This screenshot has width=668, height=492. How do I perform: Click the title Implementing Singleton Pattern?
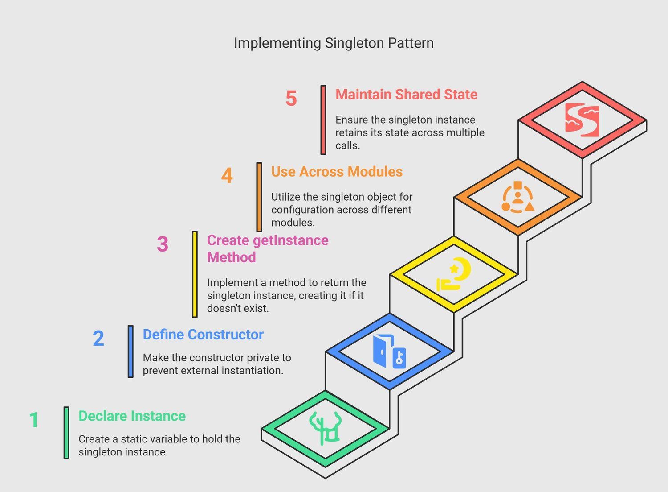point(334,43)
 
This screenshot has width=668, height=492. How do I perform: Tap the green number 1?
point(34,419)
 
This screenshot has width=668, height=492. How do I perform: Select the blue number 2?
point(98,338)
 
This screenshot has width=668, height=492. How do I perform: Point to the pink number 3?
point(163,244)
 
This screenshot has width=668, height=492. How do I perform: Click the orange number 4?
point(227,175)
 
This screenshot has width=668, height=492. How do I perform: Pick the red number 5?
point(291,98)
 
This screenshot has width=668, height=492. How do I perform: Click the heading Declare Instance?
point(132,416)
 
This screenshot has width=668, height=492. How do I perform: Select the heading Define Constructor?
point(203,335)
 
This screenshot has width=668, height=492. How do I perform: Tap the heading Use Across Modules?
point(337,172)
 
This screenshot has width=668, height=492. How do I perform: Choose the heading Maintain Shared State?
point(407,95)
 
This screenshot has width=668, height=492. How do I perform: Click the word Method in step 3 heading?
point(232,257)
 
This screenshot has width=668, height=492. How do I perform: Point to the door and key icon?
point(390,351)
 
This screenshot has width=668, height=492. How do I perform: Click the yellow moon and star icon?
point(454,274)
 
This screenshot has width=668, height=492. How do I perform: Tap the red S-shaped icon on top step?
point(582,120)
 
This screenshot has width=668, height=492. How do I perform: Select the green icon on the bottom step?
point(325,428)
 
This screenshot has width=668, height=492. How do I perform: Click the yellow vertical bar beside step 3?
point(195,274)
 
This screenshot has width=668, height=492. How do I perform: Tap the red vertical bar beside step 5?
point(323,120)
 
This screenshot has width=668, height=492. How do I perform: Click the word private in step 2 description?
point(263,358)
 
